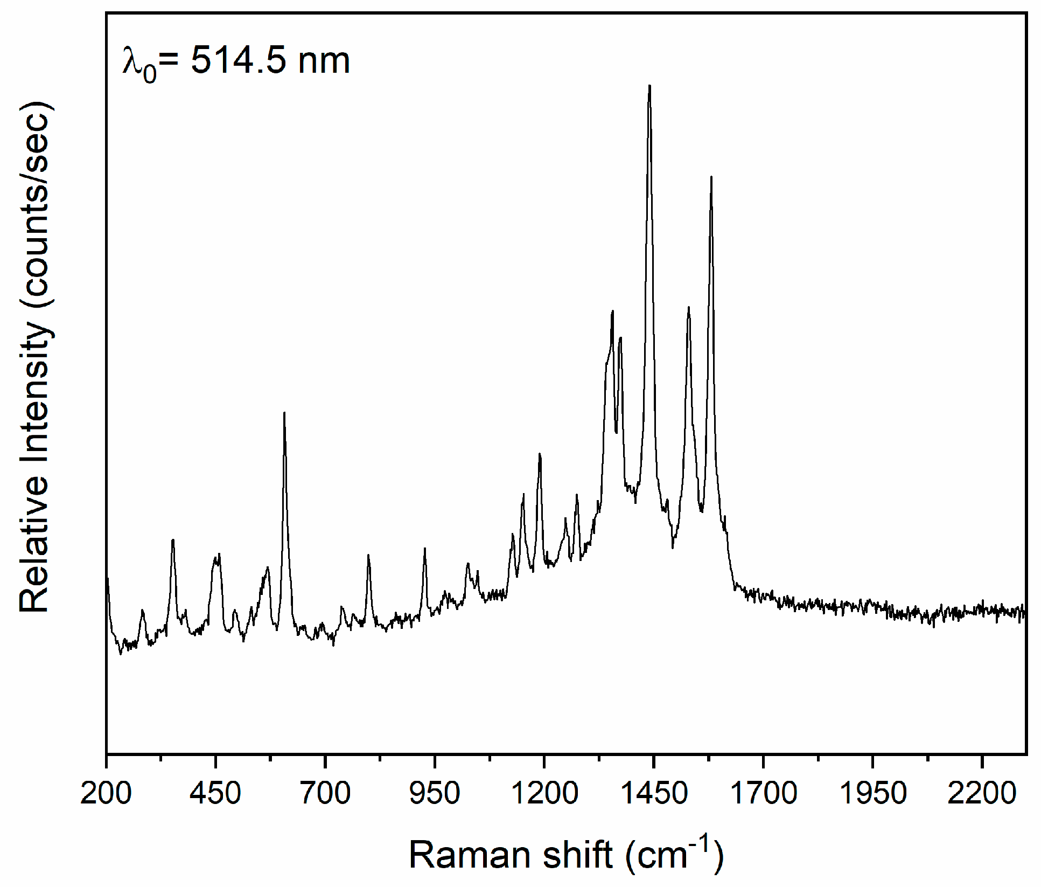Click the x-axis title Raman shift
pos(566,855)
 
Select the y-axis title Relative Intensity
pos(36,356)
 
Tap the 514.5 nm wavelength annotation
pos(236,61)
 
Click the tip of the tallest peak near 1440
pos(649,86)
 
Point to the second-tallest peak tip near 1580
pos(711,177)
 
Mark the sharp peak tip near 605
pos(284,413)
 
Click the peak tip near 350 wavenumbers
pos(173,539)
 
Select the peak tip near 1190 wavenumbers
pos(540,454)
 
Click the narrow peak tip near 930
pos(425,549)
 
